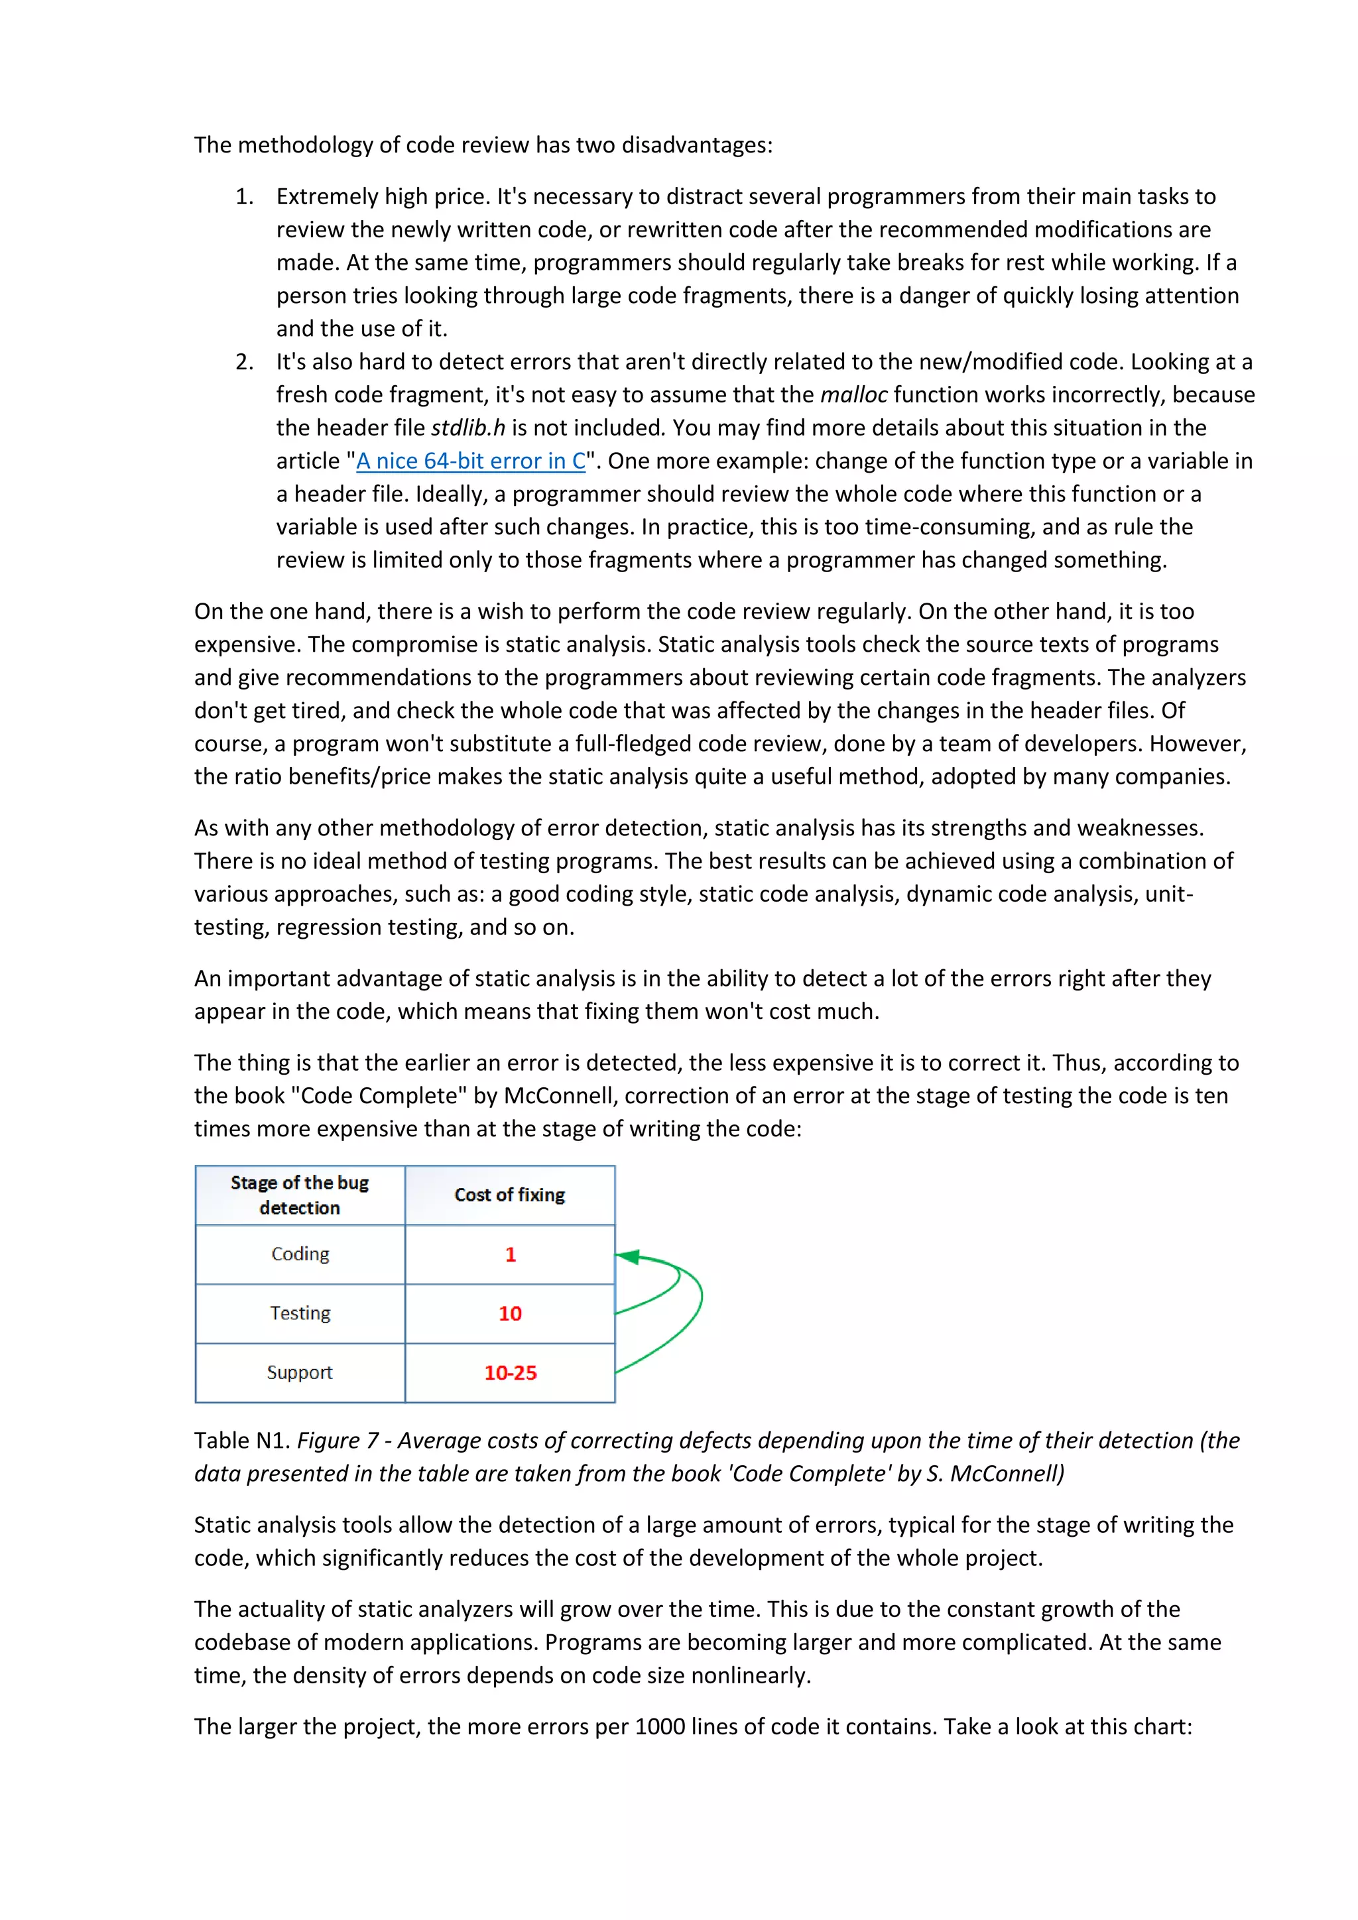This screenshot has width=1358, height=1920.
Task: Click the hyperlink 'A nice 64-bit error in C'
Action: point(471,461)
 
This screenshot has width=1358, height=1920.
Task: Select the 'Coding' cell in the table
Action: point(300,1254)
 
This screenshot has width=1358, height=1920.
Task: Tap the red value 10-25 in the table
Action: point(510,1372)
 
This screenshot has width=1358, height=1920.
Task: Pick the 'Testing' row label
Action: point(300,1313)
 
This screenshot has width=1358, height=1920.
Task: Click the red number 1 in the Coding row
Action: point(510,1254)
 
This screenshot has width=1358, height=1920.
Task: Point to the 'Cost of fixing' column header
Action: point(509,1195)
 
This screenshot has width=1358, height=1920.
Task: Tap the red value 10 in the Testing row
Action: point(510,1313)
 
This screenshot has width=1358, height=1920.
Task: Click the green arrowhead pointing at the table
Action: point(629,1257)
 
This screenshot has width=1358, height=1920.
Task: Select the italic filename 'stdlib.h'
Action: point(467,428)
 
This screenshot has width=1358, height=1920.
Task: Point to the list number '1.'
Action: point(244,196)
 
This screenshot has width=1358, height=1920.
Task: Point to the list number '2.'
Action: point(244,362)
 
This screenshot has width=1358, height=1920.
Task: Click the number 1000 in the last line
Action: point(659,1727)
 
